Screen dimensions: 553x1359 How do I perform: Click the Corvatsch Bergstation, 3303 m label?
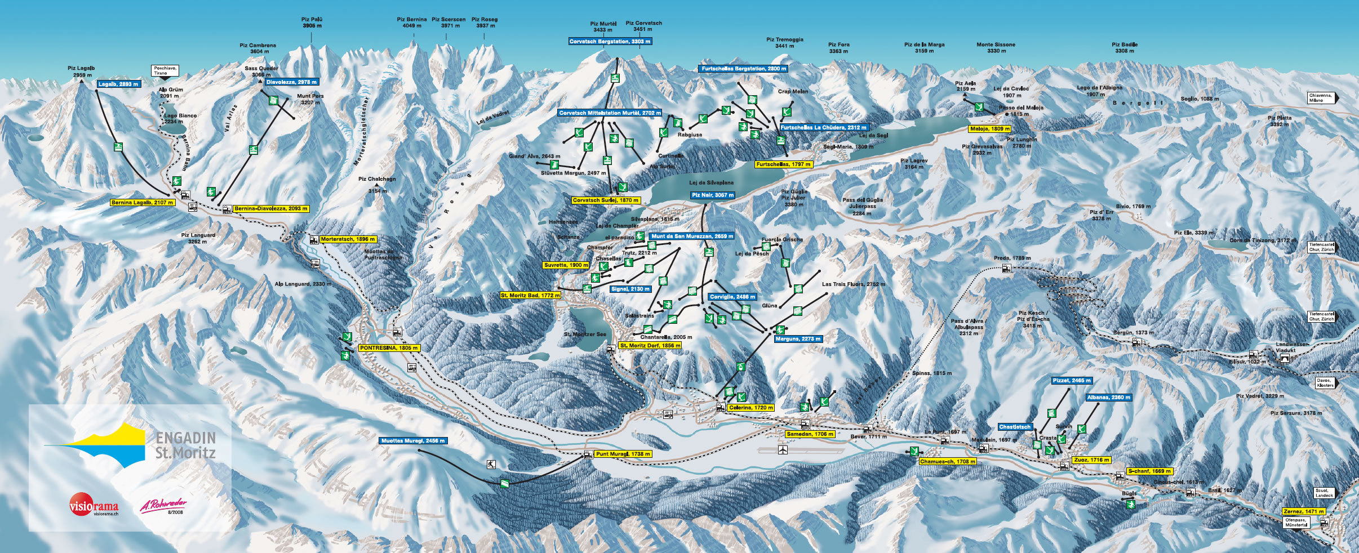click(610, 41)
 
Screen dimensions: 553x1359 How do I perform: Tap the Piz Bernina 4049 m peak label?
click(411, 23)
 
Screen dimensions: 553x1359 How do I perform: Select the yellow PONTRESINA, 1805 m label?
click(389, 348)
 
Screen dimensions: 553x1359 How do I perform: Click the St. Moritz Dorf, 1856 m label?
click(650, 345)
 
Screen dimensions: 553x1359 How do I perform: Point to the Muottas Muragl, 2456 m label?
click(413, 441)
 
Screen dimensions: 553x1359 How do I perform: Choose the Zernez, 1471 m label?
click(1303, 511)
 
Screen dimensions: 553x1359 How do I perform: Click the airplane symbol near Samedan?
click(782, 449)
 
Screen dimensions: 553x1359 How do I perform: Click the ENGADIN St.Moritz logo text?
click(185, 445)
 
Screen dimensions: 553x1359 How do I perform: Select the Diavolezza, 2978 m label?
click(291, 82)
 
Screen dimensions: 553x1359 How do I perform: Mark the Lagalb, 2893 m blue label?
click(118, 84)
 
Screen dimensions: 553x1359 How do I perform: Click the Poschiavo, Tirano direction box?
click(166, 70)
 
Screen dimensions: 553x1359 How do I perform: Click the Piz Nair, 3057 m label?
click(712, 195)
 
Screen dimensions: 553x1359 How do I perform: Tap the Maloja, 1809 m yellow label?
click(989, 129)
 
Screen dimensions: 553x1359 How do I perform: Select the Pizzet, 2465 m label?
click(1071, 381)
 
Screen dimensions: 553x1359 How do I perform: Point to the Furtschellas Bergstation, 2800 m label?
click(743, 69)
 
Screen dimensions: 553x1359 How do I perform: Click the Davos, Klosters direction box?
click(1325, 382)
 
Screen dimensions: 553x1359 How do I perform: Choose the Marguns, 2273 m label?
click(798, 339)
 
